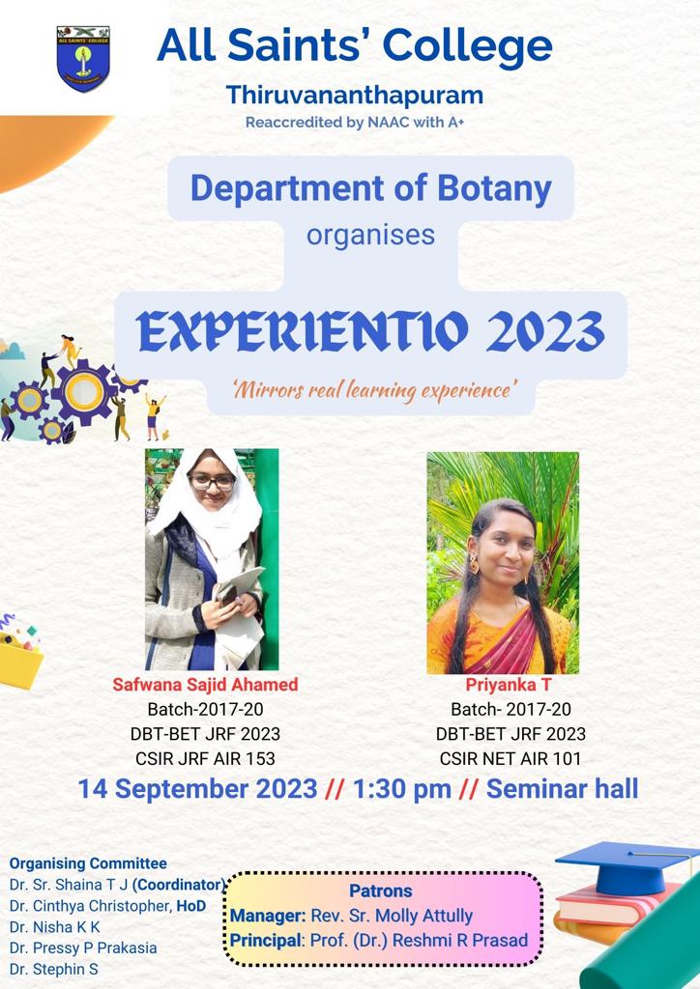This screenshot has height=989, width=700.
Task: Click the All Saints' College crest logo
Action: [x=83, y=59]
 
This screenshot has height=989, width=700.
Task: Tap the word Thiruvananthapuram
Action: [x=355, y=96]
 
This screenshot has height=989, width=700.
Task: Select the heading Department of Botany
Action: [x=370, y=188]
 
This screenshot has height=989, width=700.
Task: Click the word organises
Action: [x=370, y=236]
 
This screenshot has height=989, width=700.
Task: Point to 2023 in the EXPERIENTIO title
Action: [x=545, y=331]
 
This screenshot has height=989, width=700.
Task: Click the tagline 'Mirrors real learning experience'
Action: [x=371, y=391]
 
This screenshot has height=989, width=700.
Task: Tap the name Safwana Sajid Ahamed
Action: [x=205, y=685]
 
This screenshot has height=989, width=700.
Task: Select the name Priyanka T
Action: [x=509, y=685]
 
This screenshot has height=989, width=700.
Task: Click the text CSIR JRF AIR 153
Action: [x=205, y=758]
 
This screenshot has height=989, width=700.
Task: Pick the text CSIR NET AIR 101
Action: [x=510, y=758]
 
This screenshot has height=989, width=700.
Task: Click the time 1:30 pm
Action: [x=401, y=789]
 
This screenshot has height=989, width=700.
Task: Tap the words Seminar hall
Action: [x=563, y=788]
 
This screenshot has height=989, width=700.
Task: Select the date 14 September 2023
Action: [x=197, y=789]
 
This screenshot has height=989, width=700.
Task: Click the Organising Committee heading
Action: [x=88, y=863]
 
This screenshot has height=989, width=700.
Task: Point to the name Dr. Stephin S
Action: [x=53, y=969]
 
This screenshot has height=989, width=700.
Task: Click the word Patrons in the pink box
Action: [x=381, y=890]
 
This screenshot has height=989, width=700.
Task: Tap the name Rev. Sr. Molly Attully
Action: [x=392, y=916]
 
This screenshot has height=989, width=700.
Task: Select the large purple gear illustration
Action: [x=84, y=392]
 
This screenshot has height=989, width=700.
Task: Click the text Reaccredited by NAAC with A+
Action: [x=355, y=123]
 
